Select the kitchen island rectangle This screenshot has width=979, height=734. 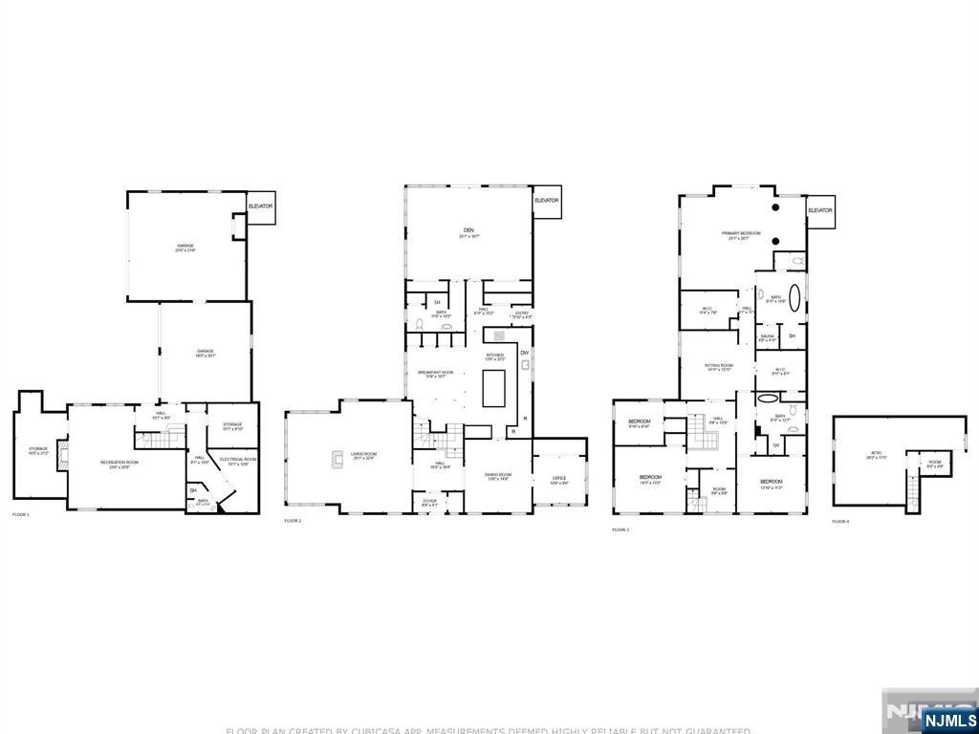point(493,389)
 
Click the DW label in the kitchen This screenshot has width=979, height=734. point(524,354)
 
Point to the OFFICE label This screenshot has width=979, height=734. point(559,480)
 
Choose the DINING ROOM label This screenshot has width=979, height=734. point(499,475)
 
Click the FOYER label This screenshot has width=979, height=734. point(430,501)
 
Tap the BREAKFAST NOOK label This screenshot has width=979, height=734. point(436,373)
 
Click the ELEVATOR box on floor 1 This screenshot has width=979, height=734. point(260,207)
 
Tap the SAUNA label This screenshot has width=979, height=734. point(767,336)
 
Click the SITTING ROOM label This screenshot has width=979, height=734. point(719,366)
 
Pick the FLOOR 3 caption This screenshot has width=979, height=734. point(621,529)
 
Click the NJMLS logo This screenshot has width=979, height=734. point(948,720)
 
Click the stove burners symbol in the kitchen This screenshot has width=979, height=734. point(499,336)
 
